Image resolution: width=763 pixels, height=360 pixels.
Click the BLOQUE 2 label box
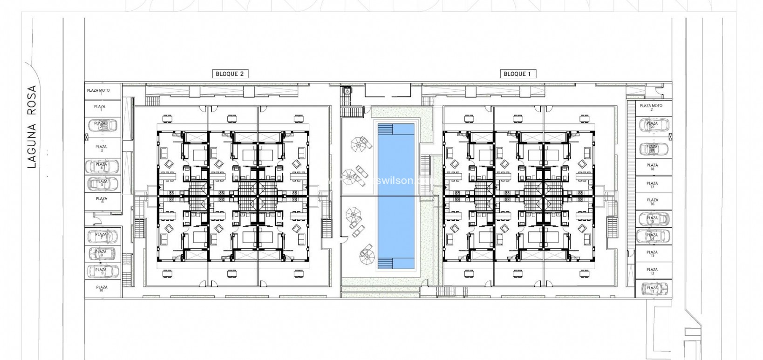pos(230,74)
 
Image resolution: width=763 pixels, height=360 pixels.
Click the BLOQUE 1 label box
pos(518,74)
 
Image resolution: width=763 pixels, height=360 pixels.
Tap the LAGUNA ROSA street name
pos(32,126)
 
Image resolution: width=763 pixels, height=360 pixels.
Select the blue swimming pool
pos(396,196)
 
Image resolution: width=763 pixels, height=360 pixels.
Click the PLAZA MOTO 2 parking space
pos(651,108)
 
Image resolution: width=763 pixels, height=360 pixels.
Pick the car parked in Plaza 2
pos(102,125)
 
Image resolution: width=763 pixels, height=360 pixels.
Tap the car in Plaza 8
pos(102,253)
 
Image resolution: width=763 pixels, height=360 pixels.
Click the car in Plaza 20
pos(653,125)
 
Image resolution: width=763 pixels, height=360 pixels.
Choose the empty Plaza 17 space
pos(652,185)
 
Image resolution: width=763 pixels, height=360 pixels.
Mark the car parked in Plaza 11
pos(653,289)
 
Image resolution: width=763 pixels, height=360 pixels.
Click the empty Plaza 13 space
pos(652,254)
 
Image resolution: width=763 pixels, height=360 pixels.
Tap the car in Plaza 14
pos(653,236)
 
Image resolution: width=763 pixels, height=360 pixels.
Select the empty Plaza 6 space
pos(102,201)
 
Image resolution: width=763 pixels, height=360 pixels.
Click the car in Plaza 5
pos(102,183)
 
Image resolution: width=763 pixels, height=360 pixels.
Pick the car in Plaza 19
pos(653,149)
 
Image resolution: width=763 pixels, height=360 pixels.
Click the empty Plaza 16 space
pos(652,202)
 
